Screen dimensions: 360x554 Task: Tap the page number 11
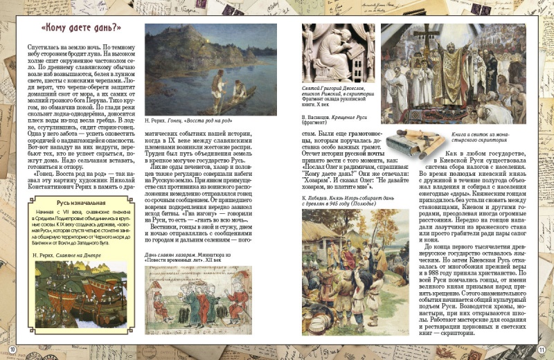pos(542,349)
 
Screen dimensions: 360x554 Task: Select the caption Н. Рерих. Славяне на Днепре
pos(66,255)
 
